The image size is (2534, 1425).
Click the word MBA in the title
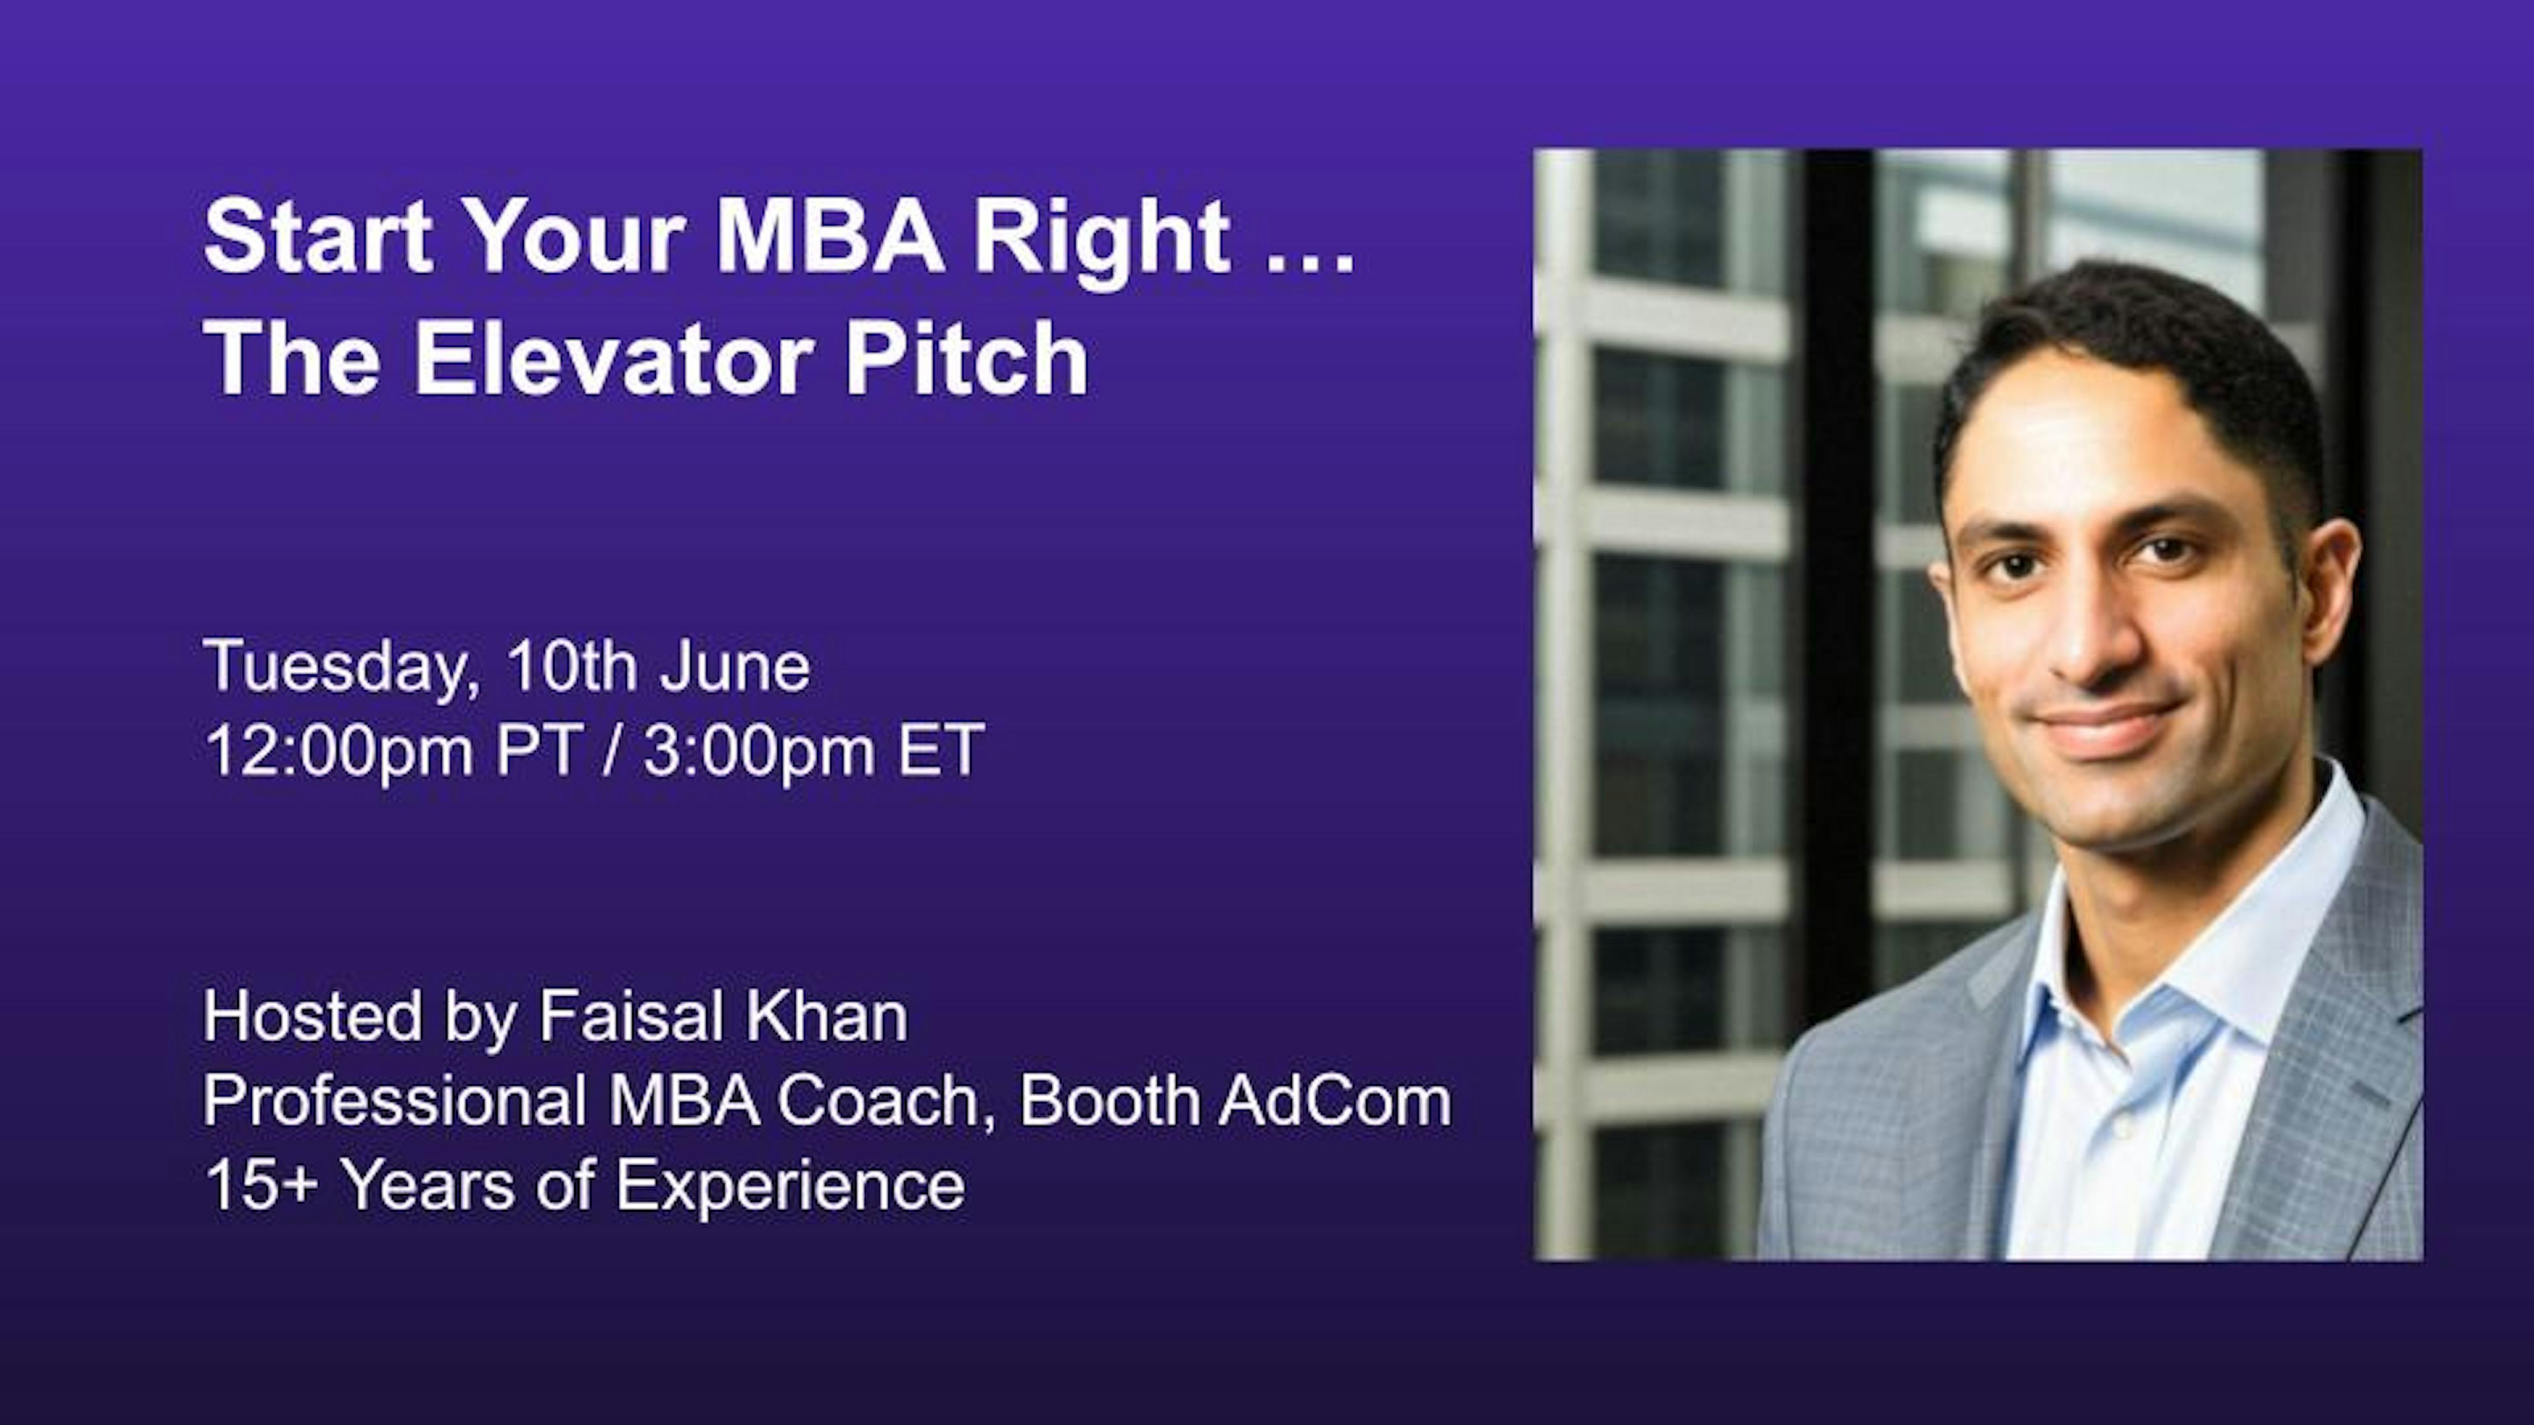[830, 237]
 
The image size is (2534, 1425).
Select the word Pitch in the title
[966, 360]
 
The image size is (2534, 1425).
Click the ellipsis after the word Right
[1311, 262]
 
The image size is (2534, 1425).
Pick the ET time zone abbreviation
[940, 750]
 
